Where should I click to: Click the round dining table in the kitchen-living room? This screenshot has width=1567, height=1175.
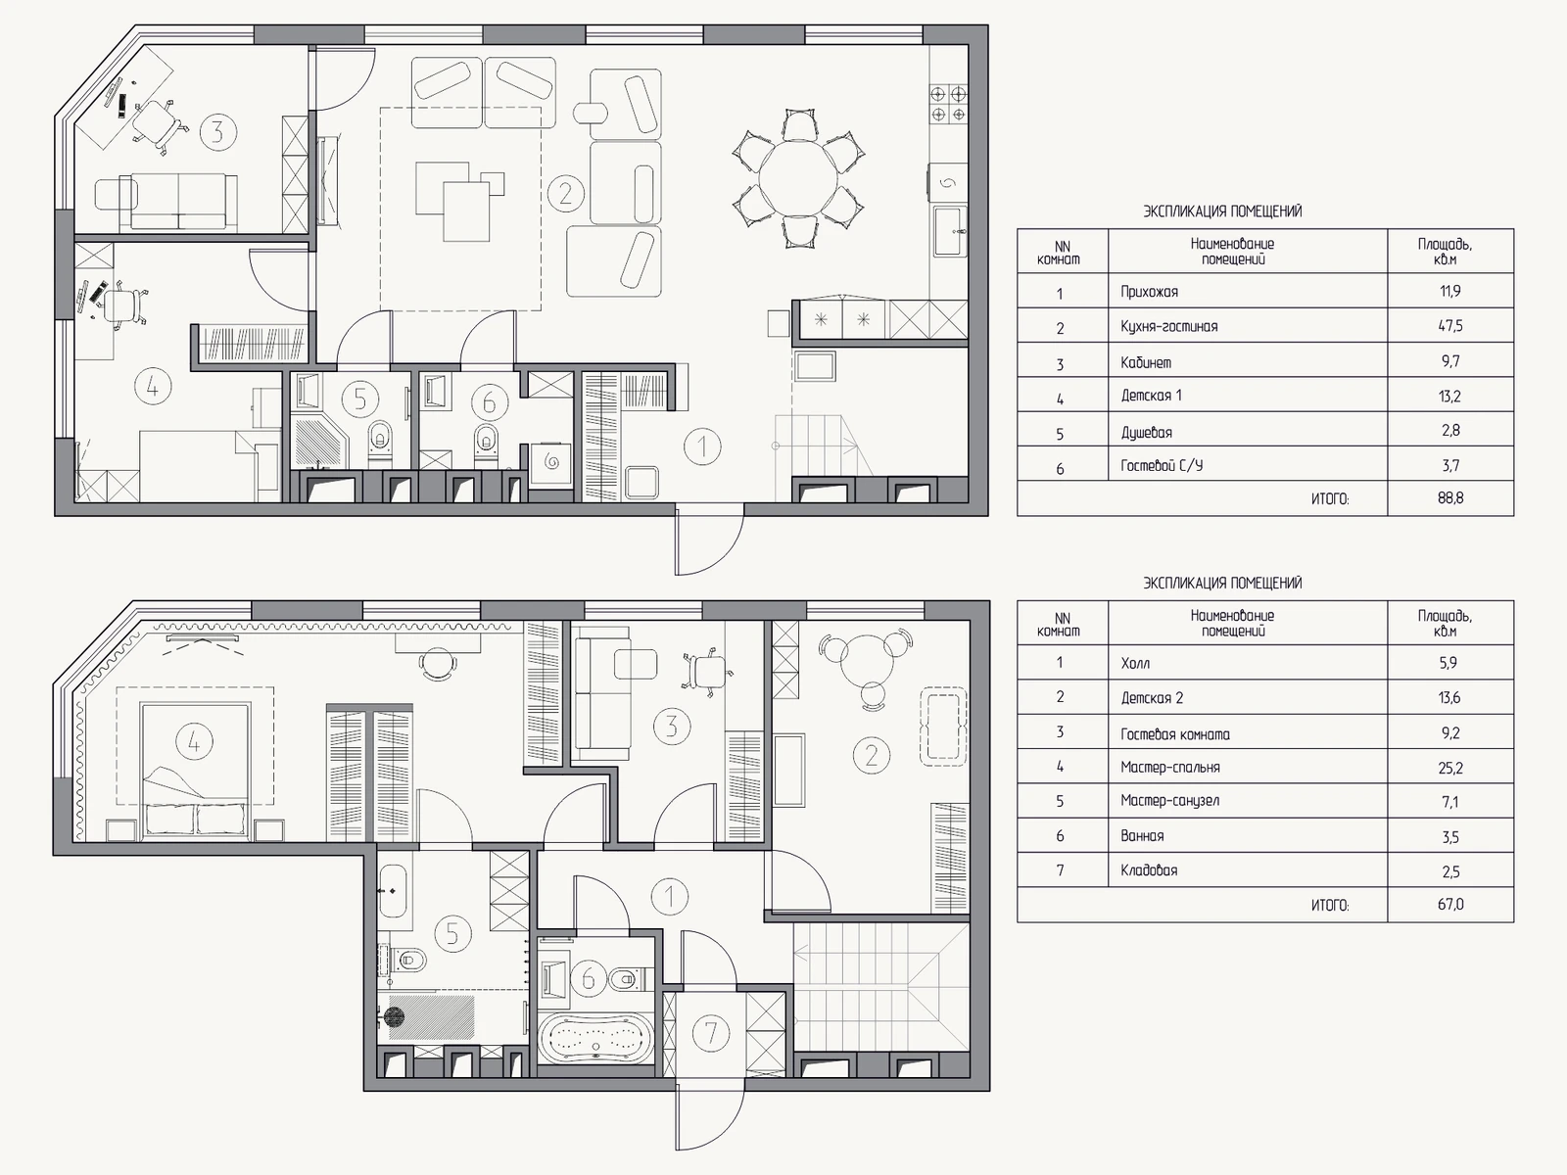point(797,178)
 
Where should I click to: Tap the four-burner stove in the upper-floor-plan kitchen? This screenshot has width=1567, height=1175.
point(948,104)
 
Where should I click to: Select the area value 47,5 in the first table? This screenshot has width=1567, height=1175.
point(1449,326)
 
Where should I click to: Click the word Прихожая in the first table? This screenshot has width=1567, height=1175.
point(1149,291)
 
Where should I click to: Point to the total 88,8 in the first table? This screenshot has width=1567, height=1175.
point(1449,498)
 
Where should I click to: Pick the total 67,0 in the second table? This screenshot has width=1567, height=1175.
point(1449,905)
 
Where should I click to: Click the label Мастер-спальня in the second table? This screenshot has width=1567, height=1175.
point(1169,768)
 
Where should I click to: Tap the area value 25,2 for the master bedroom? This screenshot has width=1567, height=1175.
point(1449,768)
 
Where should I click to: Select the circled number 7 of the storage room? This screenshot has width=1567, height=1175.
point(710,1032)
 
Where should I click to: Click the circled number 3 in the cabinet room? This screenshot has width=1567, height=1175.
point(217,132)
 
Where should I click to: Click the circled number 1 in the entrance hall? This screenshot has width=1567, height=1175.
point(702,446)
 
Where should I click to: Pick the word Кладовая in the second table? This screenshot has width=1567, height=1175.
point(1149,870)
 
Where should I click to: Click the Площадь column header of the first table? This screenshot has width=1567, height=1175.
point(1445,251)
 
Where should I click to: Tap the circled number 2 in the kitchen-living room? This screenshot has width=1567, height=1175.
point(565,193)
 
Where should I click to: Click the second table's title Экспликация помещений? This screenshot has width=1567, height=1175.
point(1222,583)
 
